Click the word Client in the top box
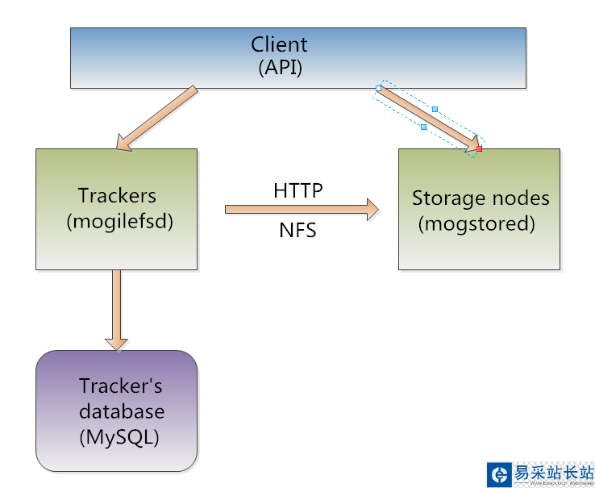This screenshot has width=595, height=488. pos(279,44)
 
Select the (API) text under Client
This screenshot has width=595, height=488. pos(280,68)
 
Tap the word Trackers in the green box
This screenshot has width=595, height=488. pos(117,195)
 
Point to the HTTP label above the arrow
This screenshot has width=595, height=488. pos(297,190)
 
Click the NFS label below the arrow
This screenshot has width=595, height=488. pos(297,231)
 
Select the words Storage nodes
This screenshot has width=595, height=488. pos(480,198)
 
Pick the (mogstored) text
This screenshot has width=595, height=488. pos(476,223)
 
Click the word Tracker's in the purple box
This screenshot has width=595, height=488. pos(120,386)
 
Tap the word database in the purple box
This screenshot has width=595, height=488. pos(121,411)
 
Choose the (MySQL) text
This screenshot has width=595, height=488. pos(119,437)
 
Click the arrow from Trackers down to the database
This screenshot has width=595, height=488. pos(118,307)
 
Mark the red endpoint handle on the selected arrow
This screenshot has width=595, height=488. pos(479,148)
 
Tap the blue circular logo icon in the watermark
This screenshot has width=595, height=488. pos(499,474)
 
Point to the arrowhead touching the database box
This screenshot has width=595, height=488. pos(118,342)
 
